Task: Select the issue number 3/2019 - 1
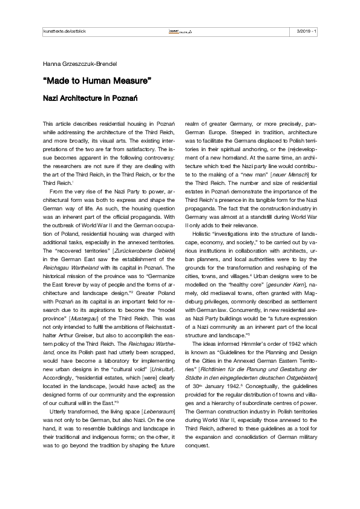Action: click(306, 31)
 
